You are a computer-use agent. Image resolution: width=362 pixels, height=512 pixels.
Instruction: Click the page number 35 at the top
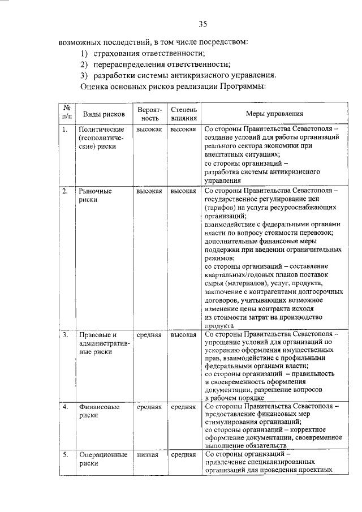(204, 23)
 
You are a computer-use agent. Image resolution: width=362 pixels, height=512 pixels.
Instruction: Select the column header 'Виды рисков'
(98, 114)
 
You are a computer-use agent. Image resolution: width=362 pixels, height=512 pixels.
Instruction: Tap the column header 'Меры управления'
(274, 113)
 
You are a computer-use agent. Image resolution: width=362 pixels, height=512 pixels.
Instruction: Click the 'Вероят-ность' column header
(149, 113)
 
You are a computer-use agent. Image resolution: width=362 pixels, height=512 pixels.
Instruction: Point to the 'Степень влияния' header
(184, 113)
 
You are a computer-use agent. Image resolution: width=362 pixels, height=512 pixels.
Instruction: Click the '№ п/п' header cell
(67, 113)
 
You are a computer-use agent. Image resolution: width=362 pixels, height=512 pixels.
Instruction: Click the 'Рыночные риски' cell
(95, 195)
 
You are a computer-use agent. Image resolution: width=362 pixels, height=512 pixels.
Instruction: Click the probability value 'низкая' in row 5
(146, 454)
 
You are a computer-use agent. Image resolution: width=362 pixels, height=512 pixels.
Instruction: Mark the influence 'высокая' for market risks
(184, 191)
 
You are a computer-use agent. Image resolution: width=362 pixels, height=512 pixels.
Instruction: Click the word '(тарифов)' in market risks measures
(219, 208)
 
